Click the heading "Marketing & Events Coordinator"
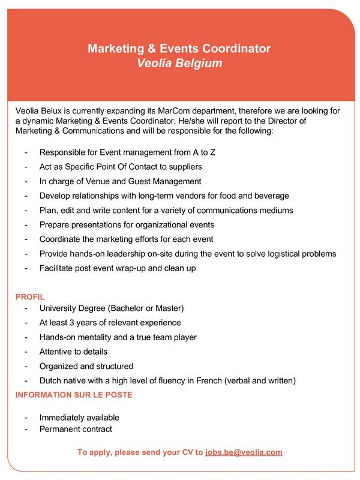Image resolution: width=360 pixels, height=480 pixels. pyautogui.click(x=179, y=48)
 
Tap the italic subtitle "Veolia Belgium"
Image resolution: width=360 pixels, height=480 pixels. pyautogui.click(x=179, y=62)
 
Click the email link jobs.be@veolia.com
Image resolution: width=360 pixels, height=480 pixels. pyautogui.click(x=244, y=452)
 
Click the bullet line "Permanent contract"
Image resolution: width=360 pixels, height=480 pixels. pyautogui.click(x=76, y=429)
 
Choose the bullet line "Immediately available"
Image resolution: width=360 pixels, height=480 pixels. pyautogui.click(x=79, y=417)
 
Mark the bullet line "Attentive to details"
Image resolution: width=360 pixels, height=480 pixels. pyautogui.click(x=73, y=352)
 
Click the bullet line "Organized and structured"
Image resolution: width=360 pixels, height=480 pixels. pyautogui.click(x=86, y=366)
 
